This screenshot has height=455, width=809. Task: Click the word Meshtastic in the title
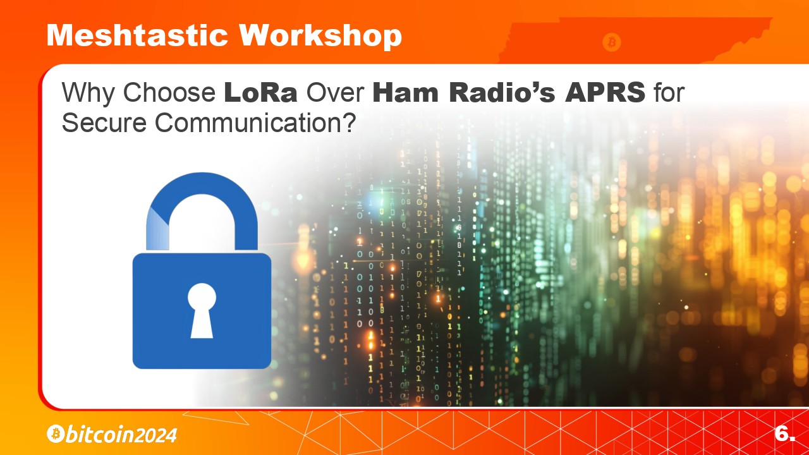click(x=137, y=35)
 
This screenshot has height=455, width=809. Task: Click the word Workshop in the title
click(x=320, y=36)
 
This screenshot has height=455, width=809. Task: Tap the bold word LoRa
click(x=260, y=92)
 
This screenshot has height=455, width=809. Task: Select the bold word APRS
click(x=605, y=92)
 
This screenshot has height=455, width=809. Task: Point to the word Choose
click(x=169, y=92)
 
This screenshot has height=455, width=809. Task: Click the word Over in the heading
click(x=335, y=92)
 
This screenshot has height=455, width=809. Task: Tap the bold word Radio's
click(x=502, y=92)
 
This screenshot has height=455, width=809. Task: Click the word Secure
click(x=104, y=123)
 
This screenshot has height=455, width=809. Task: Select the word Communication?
click(x=256, y=123)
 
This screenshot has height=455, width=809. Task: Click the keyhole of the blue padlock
click(x=202, y=310)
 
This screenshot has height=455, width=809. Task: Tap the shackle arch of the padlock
click(x=202, y=184)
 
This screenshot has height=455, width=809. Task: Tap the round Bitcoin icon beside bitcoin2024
click(x=56, y=434)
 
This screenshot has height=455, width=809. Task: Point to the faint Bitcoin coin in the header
click(x=612, y=42)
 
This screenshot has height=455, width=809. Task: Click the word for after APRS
click(x=669, y=92)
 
